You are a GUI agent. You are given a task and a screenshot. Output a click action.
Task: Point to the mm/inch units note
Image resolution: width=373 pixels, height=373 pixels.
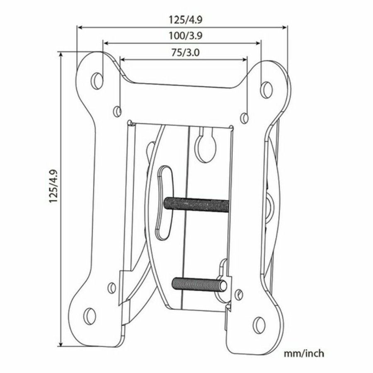tap(304, 354)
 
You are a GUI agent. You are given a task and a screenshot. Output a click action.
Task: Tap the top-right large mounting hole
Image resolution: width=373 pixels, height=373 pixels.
tap(267, 87)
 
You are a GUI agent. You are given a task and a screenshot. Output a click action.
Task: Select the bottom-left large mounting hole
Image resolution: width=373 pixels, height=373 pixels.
tap(89, 316)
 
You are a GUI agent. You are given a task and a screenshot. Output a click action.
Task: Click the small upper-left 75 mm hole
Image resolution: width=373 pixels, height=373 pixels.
tap(118, 111)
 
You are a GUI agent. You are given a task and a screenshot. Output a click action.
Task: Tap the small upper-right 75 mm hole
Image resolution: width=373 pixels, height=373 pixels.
tap(245, 118)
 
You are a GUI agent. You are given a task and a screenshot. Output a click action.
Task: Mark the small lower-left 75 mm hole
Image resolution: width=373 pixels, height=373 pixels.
tap(111, 287)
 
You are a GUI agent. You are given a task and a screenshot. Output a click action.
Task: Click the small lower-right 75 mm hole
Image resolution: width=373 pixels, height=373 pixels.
tap(240, 294)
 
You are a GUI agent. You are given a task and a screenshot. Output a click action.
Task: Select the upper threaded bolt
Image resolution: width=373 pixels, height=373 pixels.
tap(196, 204)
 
